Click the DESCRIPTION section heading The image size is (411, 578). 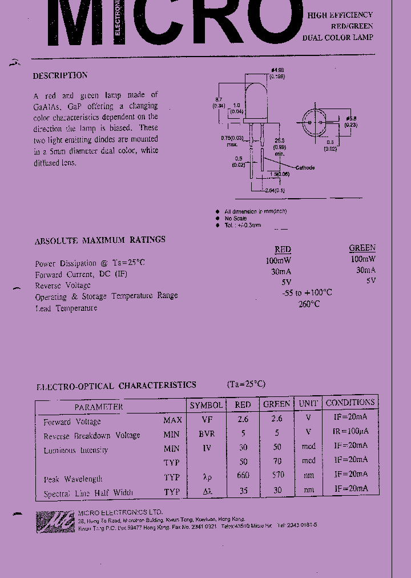click(x=61, y=75)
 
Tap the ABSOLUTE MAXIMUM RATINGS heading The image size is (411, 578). click(x=100, y=240)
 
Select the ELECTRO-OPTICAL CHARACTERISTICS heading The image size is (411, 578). click(x=116, y=386)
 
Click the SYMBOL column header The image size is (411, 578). click(x=206, y=405)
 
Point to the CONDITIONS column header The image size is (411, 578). click(x=350, y=403)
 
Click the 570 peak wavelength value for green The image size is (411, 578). click(x=276, y=475)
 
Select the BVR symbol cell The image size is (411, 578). click(x=207, y=433)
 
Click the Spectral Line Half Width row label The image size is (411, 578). click(x=88, y=492)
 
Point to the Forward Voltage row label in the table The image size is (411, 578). click(x=72, y=422)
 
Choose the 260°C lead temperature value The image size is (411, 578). click(x=309, y=304)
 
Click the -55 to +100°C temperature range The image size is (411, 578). click(x=307, y=292)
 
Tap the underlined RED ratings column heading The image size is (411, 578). click(x=283, y=250)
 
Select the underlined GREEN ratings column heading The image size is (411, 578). click(x=362, y=248)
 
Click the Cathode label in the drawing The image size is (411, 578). click(x=305, y=168)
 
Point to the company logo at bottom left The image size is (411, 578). click(x=55, y=521)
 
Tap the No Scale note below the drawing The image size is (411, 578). click(x=236, y=218)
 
